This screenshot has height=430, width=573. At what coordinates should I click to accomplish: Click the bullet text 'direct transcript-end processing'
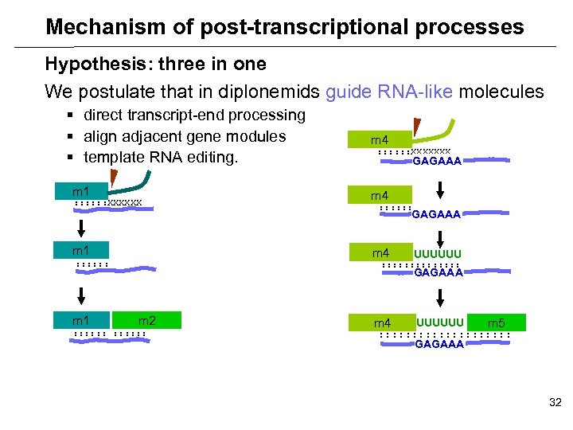coord(194,115)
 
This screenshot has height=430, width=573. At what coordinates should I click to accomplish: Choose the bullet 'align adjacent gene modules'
coord(185,136)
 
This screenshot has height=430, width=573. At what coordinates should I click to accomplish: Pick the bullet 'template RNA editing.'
coord(161,157)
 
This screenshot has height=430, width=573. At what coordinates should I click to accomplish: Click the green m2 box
coord(147,320)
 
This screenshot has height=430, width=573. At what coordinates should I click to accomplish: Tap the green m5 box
coord(496,322)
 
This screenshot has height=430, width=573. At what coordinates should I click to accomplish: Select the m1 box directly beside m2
coord(80,320)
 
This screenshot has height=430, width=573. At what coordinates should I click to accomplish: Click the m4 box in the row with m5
coord(383,322)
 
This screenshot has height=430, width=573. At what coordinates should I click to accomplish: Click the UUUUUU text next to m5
coord(439,322)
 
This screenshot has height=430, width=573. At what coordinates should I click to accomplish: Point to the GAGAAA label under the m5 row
coord(439,345)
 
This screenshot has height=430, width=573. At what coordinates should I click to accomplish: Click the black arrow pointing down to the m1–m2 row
coord(80,296)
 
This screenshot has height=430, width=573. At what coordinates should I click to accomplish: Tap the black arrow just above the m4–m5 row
coord(439,298)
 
